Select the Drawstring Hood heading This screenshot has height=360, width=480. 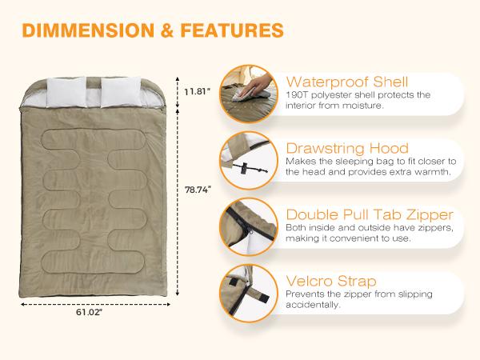click(x=347, y=148)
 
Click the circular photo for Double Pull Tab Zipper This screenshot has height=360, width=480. click(x=249, y=230)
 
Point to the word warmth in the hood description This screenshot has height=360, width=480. click(x=435, y=172)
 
